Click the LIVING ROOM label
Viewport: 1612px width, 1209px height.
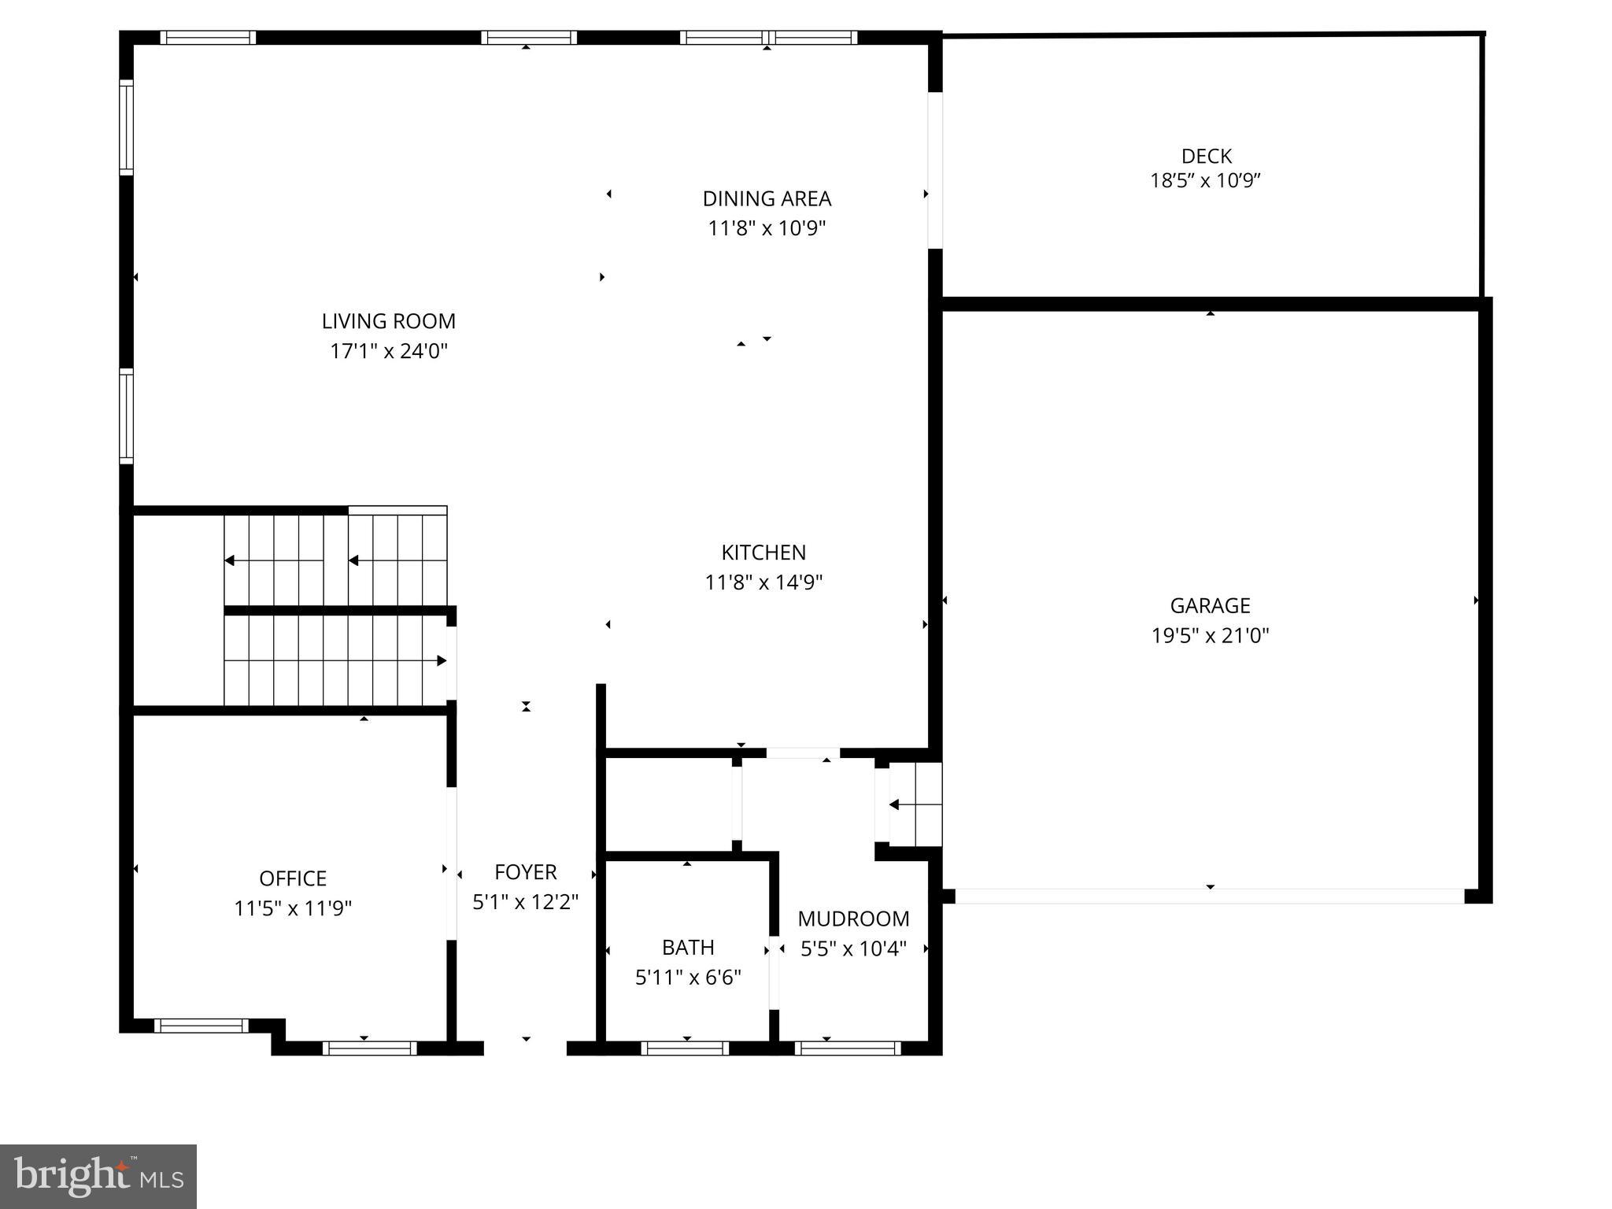[x=388, y=321]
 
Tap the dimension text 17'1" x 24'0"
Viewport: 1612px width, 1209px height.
[x=388, y=351]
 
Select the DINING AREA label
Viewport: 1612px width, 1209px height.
[x=767, y=198]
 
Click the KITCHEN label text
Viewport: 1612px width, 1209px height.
[x=763, y=553]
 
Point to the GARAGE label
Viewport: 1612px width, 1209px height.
[x=1210, y=606]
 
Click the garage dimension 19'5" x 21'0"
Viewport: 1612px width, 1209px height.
[x=1210, y=635]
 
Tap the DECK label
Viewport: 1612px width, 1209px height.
[x=1206, y=156]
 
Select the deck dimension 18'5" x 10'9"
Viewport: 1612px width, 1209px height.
[x=1205, y=181]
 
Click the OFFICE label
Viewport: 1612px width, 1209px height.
[x=293, y=878]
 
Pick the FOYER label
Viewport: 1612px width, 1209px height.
[x=525, y=872]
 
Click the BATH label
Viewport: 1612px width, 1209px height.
[x=688, y=947]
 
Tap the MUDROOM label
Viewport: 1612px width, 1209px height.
[x=853, y=919]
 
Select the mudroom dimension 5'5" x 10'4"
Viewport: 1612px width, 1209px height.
[x=853, y=949]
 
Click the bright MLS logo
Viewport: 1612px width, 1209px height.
[x=98, y=1176]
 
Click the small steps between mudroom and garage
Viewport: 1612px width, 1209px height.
[x=915, y=804]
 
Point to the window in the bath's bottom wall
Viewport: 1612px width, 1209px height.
[x=684, y=1048]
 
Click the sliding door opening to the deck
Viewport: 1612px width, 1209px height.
[x=934, y=170]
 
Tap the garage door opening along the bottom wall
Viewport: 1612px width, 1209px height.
[x=1210, y=896]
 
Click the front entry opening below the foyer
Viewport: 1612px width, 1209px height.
[x=525, y=1047]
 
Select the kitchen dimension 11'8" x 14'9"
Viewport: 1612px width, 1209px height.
[x=763, y=582]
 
